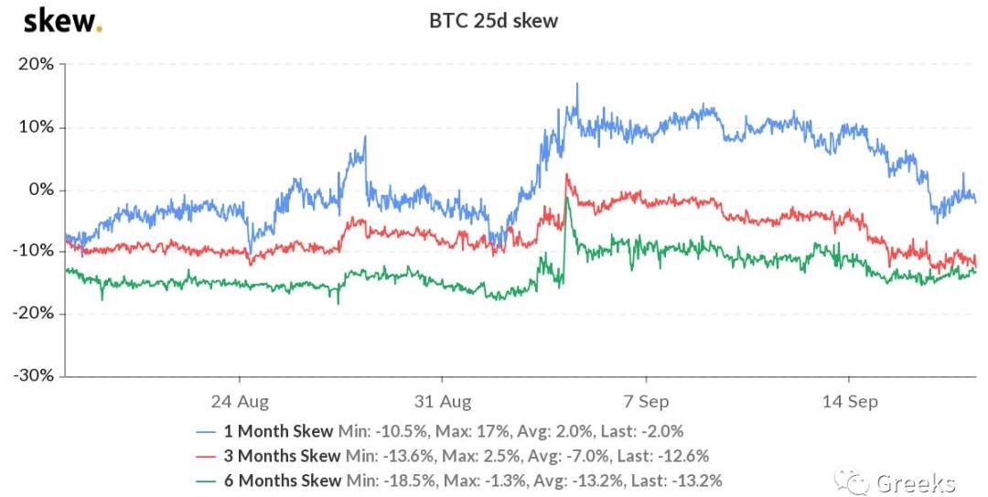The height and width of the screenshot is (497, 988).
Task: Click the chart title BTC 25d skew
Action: click(494, 20)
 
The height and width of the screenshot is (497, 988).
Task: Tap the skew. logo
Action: click(62, 20)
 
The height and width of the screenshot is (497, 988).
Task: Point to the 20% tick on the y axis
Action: click(35, 64)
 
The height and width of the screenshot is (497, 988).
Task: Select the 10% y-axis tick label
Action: click(35, 127)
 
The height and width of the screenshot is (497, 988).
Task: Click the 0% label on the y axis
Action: click(40, 189)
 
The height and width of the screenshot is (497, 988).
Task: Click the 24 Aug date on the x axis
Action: click(240, 402)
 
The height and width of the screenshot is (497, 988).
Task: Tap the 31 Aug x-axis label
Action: click(443, 402)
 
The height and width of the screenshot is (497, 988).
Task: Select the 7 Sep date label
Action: click(646, 402)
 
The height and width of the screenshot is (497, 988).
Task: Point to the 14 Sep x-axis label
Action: click(849, 402)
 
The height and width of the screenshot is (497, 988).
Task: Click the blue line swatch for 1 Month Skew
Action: click(208, 431)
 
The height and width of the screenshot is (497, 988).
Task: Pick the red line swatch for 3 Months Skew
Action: click(208, 456)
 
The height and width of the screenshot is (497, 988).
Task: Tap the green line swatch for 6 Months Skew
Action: click(208, 481)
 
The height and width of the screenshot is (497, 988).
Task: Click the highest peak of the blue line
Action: click(577, 84)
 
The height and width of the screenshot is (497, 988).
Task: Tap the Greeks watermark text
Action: click(915, 482)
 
